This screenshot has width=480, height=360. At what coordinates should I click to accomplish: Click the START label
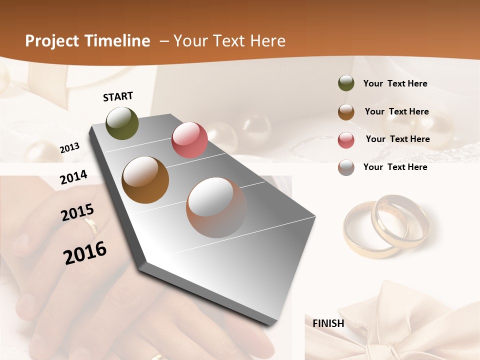point(118,96)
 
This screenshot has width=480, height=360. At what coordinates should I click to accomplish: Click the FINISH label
point(328,323)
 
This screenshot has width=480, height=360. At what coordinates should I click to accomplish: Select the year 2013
point(69,148)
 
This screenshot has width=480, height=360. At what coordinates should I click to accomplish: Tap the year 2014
point(73,177)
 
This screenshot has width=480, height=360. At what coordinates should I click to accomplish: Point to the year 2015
point(77,212)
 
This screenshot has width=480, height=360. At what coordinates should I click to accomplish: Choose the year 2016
point(85,253)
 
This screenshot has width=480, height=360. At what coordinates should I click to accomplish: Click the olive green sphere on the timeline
point(122,123)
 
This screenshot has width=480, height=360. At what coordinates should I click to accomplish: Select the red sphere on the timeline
point(189,139)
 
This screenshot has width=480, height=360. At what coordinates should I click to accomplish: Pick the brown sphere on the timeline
point(145,180)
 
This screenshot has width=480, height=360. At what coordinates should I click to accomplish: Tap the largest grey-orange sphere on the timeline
point(216,207)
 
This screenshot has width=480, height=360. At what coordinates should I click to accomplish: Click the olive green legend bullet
point(346,83)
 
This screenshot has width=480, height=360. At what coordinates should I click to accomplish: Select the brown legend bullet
point(346,112)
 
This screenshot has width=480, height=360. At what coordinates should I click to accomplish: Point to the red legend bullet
point(346,140)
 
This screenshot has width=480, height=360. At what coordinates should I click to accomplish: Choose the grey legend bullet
point(346,167)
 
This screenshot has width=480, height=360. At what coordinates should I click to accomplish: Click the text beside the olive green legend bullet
point(395,84)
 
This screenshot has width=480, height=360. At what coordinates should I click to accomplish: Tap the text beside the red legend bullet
point(397,139)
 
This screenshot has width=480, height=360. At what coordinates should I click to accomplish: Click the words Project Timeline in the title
point(87,41)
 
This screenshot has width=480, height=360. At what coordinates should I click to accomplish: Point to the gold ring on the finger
point(91,226)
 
